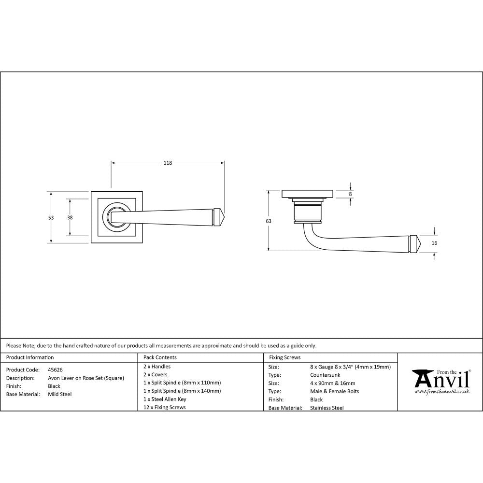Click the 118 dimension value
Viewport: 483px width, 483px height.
(168, 163)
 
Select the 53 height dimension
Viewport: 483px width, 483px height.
(51, 218)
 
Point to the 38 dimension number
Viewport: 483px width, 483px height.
(70, 218)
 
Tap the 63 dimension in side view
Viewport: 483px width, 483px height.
(269, 221)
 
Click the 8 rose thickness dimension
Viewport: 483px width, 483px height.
(351, 194)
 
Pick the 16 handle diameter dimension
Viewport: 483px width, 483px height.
(434, 243)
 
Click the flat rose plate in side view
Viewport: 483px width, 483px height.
(307, 194)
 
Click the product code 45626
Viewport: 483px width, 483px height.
(56, 369)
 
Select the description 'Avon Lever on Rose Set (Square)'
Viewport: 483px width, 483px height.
(86, 378)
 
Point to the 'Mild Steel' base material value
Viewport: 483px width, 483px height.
(60, 394)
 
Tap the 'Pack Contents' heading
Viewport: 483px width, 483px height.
(160, 357)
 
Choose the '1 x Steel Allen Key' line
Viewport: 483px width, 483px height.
(165, 399)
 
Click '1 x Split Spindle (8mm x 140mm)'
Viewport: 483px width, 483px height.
(182, 391)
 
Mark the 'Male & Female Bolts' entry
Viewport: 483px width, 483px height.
(334, 391)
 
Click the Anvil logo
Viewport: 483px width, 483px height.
(440, 382)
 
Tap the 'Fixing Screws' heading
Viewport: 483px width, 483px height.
(284, 357)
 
